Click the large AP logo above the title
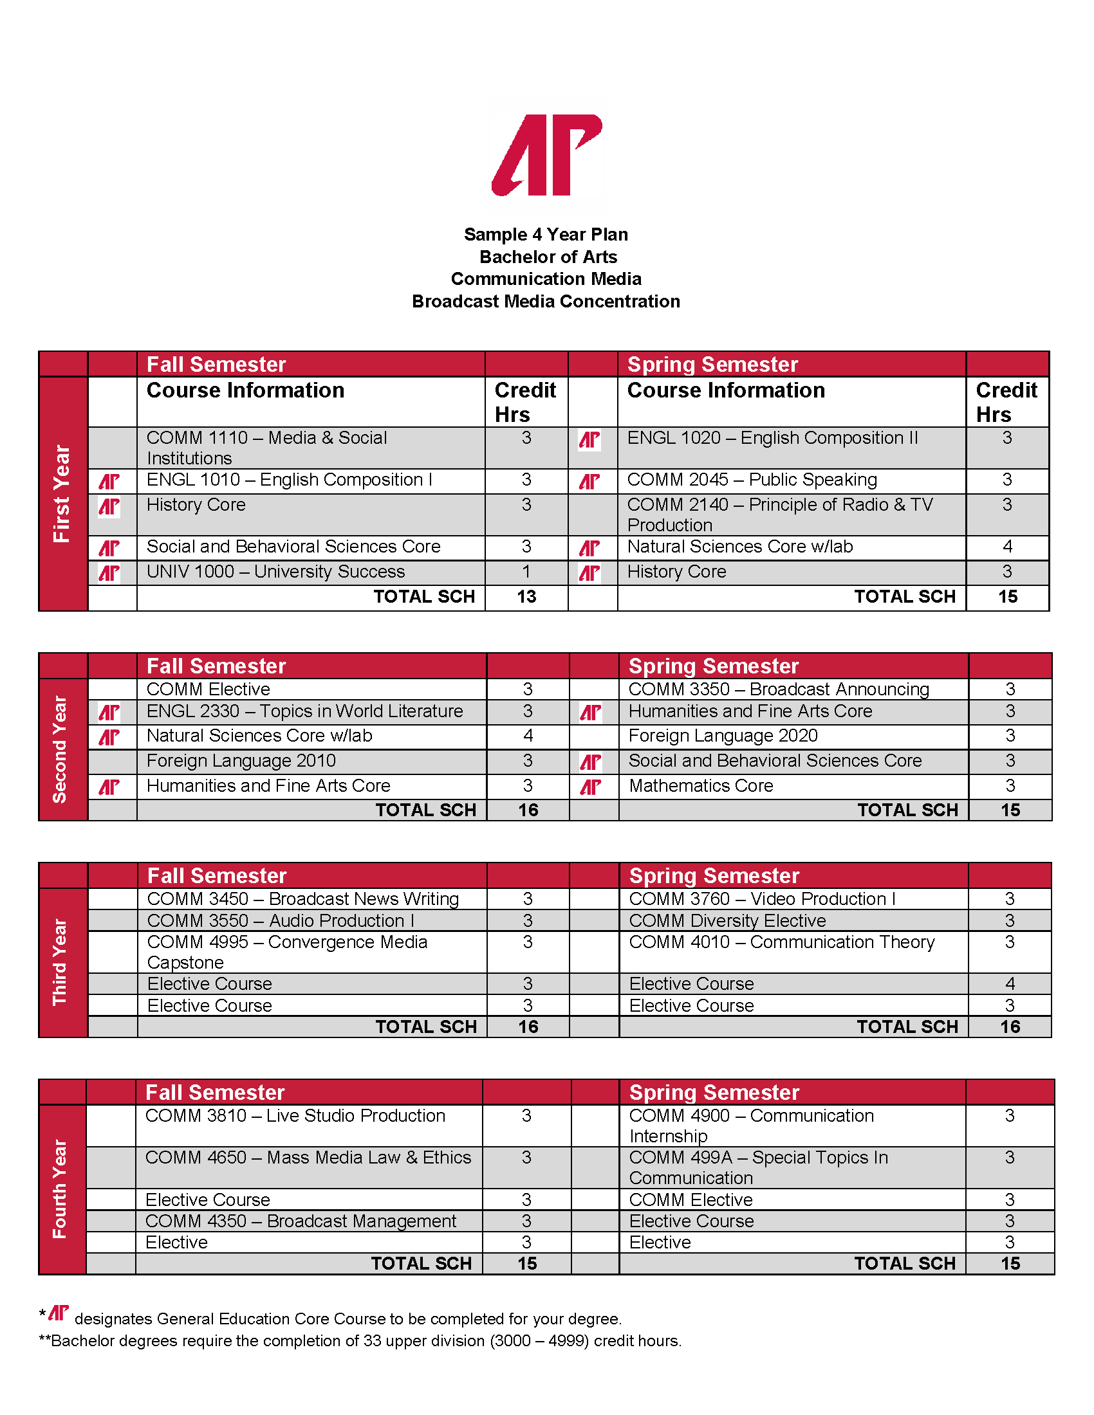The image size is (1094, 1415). pos(547,156)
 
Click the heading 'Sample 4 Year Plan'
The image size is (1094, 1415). pos(546,235)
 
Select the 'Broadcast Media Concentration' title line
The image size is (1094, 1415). pos(546,301)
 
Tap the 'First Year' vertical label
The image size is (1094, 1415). pos(62,494)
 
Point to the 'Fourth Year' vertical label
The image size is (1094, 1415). pos(60,1189)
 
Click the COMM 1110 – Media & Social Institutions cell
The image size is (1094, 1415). pos(266,448)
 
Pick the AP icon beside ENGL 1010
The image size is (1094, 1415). pos(109,481)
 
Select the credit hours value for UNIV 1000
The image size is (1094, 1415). pos(526,572)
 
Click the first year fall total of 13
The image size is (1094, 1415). pos(526,597)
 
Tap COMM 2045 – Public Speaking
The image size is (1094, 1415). pos(752,480)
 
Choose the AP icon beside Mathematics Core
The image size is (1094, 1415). pos(590,787)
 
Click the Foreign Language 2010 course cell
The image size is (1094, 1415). pos(241,762)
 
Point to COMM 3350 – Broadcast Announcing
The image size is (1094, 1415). pos(779,689)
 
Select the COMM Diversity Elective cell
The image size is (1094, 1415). pos(727,920)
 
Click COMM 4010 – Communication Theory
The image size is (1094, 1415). pos(782,943)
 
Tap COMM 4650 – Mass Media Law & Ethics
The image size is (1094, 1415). pos(308,1158)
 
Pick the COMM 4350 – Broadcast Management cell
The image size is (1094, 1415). pos(301,1221)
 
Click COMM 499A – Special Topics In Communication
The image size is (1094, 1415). pos(758,1167)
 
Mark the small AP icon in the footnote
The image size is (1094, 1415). pos(59,1313)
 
